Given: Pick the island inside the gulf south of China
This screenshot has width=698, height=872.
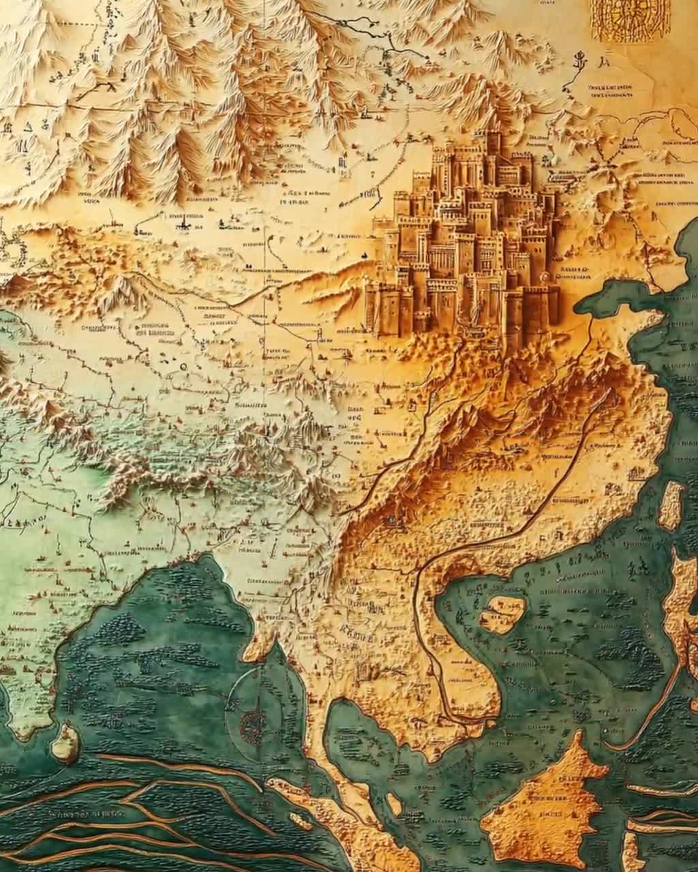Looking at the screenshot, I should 503,612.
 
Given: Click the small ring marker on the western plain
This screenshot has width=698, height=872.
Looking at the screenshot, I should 183,367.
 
